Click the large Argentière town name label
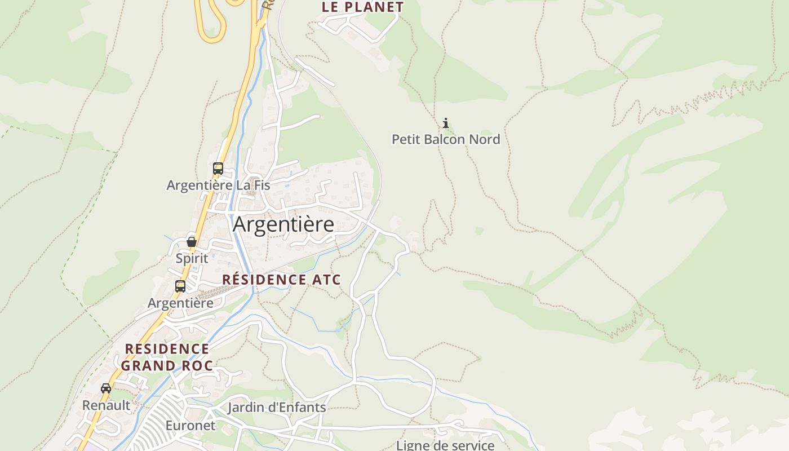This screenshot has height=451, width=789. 283,224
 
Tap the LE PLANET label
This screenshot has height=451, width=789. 363,7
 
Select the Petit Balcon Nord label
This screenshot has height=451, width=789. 446,139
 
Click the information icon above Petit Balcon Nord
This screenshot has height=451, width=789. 446,123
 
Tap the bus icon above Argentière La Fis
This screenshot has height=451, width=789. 218,168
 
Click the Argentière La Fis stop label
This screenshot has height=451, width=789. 218,185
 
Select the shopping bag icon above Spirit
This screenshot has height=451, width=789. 192,242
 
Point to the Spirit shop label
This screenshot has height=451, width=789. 192,258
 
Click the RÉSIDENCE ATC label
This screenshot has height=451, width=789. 282,280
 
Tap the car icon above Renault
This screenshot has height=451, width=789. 106,388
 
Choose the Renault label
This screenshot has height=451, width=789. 106,405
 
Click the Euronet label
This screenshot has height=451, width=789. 190,425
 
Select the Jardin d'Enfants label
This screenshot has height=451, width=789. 277,407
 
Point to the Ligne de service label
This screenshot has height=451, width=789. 445,445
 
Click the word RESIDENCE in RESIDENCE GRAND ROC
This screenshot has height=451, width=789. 167,349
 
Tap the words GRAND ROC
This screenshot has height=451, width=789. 167,366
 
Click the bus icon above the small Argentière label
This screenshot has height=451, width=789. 180,286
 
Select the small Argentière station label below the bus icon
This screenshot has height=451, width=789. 180,303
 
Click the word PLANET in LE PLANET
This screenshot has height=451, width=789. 373,7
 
